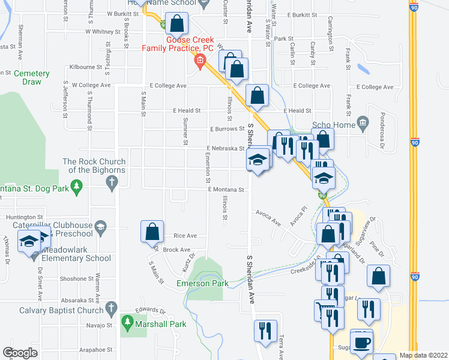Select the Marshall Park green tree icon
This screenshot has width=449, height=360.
(127, 324)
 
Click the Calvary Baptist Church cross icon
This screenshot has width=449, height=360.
(110, 309)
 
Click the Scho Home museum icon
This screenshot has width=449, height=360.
(363, 124)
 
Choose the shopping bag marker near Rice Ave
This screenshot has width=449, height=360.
(152, 232)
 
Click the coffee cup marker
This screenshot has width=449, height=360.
(361, 342)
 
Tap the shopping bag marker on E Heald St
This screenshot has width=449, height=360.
(258, 96)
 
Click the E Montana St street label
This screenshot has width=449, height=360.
(226, 190)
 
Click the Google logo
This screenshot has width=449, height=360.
(20, 353)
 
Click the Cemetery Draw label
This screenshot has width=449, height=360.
(32, 77)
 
